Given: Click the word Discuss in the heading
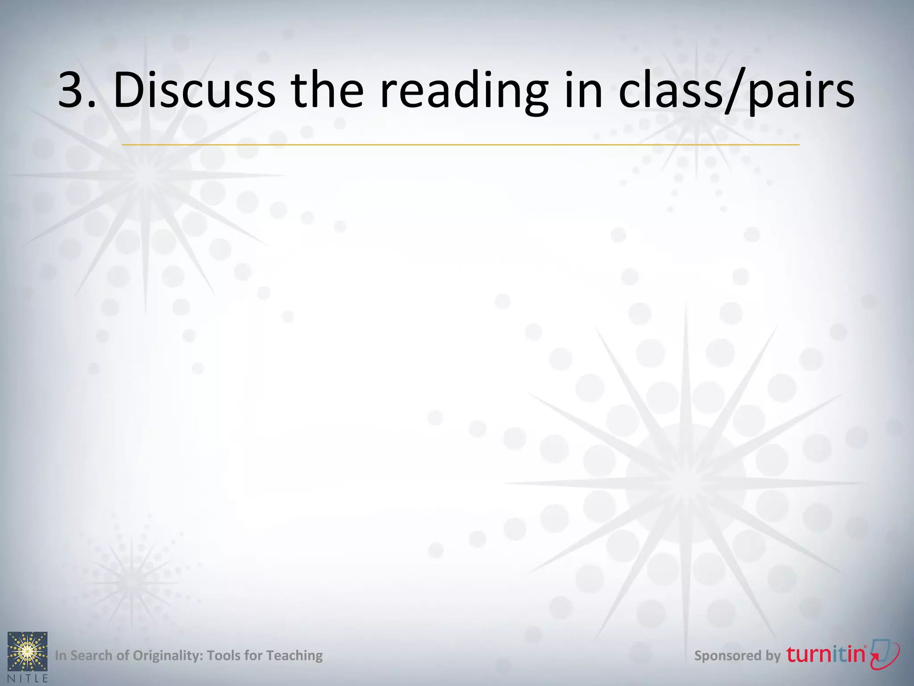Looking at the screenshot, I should tap(194, 90).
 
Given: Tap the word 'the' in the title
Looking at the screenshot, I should tap(328, 90).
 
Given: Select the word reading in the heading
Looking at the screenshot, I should tap(464, 92).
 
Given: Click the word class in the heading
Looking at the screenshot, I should tap(669, 90).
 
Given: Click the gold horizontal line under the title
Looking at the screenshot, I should tap(460, 145).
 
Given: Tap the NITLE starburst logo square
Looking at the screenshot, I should tap(28, 651).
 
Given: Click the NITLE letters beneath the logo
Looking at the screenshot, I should tap(28, 678).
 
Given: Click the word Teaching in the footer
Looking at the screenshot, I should tap(294, 656).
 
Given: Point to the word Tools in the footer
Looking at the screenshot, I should tap(224, 655).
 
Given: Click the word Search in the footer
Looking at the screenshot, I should tap(91, 655).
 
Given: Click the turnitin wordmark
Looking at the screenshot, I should tap(826, 654).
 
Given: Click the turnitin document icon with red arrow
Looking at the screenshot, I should tap(885, 654).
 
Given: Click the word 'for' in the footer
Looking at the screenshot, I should tap(253, 655).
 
